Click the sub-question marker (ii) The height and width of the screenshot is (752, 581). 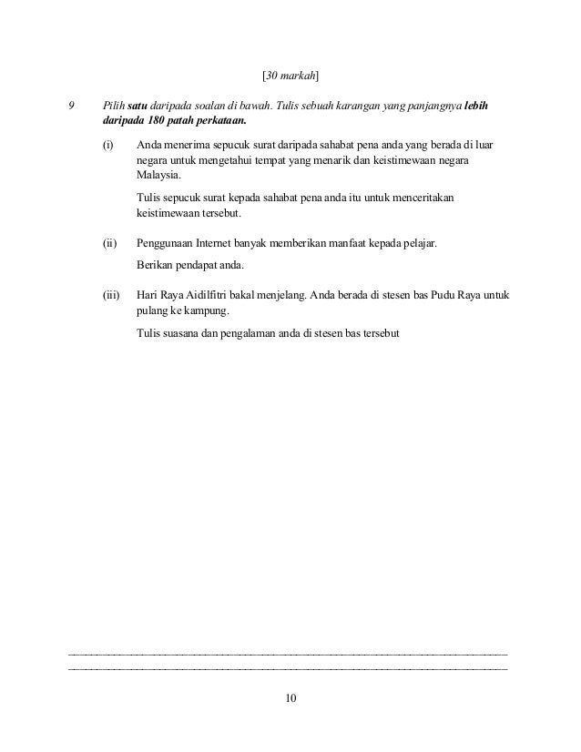pyautogui.click(x=110, y=244)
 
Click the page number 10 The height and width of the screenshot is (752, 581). pyautogui.click(x=290, y=698)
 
